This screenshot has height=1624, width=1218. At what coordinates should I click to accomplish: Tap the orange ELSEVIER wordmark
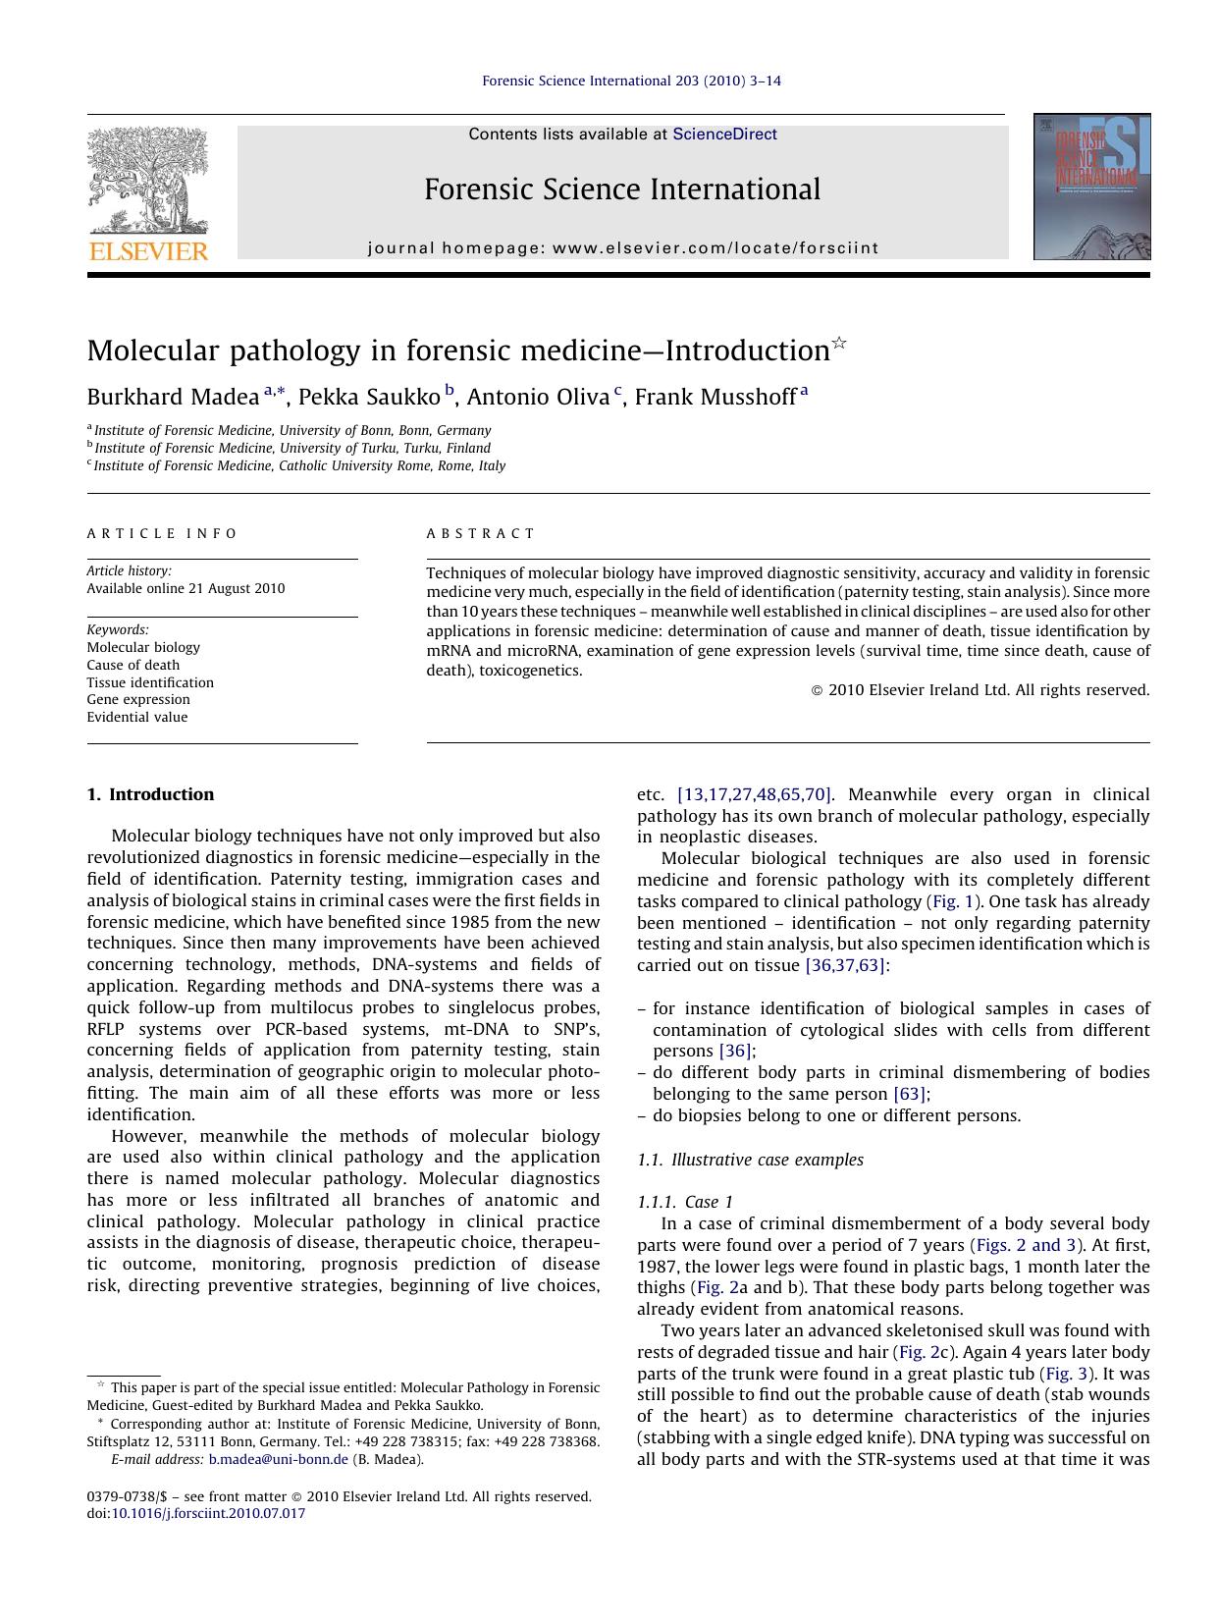pos(148,251)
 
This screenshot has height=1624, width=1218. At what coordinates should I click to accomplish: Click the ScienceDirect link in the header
pos(724,135)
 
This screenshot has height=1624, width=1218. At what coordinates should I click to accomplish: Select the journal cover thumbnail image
pos(1091,187)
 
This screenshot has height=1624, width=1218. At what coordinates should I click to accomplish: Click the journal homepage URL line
pos(623,248)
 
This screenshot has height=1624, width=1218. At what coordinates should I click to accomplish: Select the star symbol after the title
pos(839,343)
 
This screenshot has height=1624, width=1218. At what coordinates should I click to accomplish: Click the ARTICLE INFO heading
pos(162,533)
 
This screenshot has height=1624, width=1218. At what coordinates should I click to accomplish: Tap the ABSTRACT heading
pos(481,533)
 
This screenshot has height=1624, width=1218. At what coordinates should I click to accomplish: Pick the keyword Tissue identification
pos(150,682)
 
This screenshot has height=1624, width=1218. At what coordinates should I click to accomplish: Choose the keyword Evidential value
pos(137,717)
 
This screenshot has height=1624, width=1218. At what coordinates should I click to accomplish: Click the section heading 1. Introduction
pos(150,794)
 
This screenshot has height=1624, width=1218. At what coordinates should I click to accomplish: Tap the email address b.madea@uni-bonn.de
pos(279,1459)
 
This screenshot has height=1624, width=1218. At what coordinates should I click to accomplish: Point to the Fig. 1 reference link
pos(945,901)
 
